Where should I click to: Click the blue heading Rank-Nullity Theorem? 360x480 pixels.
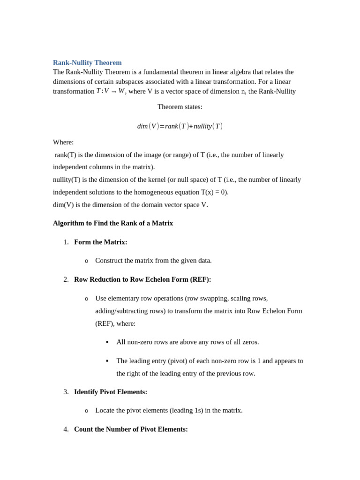tap(87, 63)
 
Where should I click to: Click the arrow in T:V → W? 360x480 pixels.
tap(113, 91)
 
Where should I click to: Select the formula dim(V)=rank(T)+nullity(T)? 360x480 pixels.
tap(180, 126)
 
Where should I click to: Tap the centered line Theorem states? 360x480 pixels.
tap(180, 107)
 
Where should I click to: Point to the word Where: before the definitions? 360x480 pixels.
tap(63, 142)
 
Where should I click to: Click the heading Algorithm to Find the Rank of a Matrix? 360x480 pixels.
tap(113, 223)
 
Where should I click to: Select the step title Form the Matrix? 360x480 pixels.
tap(100, 242)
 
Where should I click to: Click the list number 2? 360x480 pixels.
tap(66, 279)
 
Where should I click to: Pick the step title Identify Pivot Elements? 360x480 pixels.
tap(111, 392)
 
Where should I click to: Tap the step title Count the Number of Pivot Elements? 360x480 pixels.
tap(131, 429)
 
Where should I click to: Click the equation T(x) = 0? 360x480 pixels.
tap(214, 192)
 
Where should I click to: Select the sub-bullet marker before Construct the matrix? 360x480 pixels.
tap(86, 261)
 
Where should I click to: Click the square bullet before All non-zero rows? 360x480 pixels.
tap(107, 342)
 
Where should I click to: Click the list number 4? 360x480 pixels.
tap(66, 429)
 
